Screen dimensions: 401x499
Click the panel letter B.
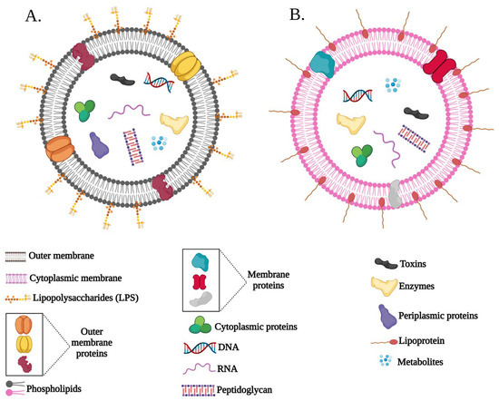[x=269, y=15]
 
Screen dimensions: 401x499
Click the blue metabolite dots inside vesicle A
[x=160, y=143]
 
